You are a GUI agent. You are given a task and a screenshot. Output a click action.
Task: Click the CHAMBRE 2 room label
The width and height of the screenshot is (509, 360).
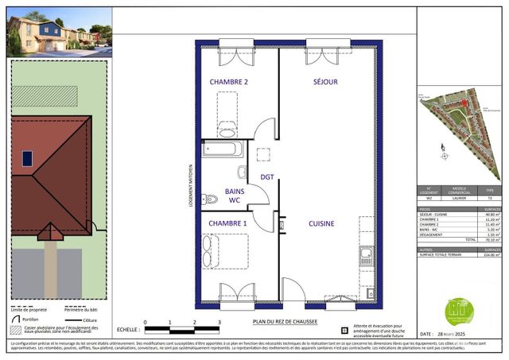click(229, 82)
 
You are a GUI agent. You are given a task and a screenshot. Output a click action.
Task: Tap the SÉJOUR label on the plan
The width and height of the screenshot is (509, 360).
click(326, 82)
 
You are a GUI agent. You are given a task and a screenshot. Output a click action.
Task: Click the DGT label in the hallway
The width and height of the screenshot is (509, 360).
click(267, 177)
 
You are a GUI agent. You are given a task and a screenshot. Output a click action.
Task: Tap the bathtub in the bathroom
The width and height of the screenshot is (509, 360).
click(224, 149)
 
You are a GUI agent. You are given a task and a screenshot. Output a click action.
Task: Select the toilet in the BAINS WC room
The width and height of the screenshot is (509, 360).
click(210, 199)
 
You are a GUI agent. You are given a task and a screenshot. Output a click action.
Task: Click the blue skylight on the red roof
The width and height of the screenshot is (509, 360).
click(28, 158)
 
